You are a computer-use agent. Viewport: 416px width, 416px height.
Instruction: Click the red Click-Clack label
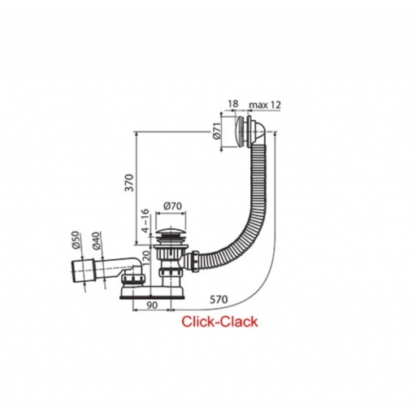point(219,322)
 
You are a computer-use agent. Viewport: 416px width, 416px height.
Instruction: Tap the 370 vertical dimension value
point(130,183)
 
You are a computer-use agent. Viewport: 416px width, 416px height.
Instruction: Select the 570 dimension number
point(219,300)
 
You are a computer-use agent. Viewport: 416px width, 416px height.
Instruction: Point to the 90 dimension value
point(152,305)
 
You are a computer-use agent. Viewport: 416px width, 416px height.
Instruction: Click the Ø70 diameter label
point(172,206)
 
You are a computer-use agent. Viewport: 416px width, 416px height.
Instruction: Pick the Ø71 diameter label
point(217,132)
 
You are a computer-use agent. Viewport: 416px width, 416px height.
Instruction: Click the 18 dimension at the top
point(233,103)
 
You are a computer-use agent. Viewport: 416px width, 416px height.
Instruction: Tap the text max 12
point(265,105)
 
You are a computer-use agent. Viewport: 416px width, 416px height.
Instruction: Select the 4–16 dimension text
point(145,220)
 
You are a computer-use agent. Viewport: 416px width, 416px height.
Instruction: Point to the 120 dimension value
point(145,258)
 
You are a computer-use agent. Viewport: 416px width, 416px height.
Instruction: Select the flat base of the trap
point(153,294)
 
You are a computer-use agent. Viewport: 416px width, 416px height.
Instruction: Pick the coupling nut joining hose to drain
point(195,261)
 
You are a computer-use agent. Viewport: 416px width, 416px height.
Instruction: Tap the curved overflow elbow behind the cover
point(260,135)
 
